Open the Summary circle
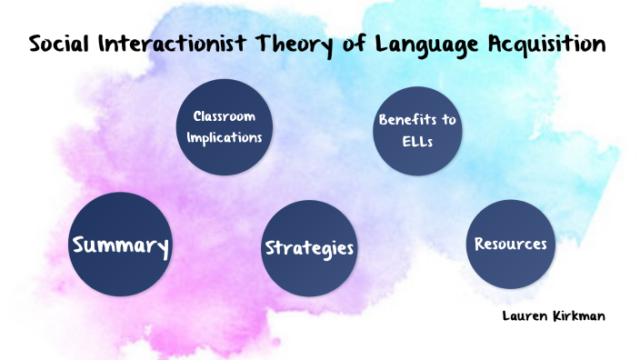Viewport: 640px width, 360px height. (120, 245)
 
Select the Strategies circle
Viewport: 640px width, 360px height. (308, 248)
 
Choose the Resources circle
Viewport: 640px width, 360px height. (510, 244)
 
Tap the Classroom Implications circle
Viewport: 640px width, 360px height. (225, 127)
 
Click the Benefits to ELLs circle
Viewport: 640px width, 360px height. (417, 132)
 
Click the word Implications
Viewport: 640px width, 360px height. (225, 138)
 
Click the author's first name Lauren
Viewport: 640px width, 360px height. (524, 315)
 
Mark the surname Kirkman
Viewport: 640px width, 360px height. (575, 315)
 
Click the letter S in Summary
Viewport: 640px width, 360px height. (80, 245)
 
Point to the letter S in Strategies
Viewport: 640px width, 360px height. (270, 248)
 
